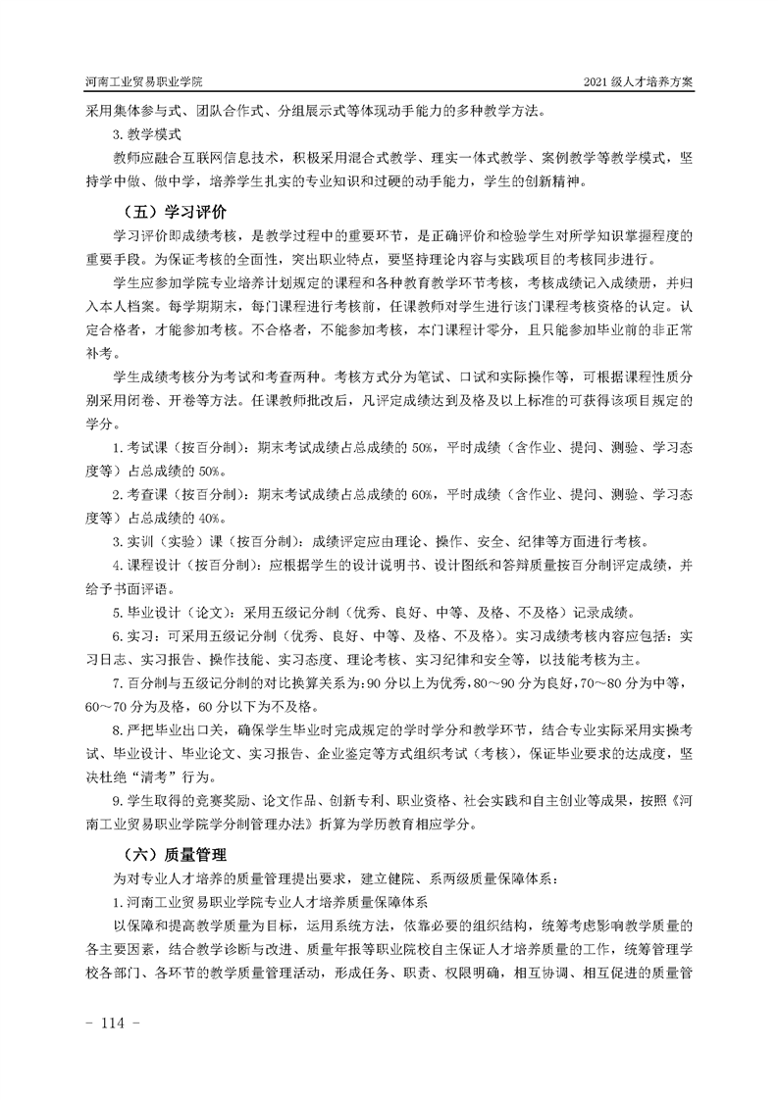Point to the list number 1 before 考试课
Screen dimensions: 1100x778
click(x=117, y=449)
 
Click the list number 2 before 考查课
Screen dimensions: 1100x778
click(x=117, y=495)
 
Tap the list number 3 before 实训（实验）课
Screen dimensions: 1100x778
click(x=117, y=541)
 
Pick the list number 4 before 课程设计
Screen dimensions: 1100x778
click(x=117, y=565)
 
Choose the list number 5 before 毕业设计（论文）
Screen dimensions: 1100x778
click(x=117, y=611)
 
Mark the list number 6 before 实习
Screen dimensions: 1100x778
click(x=117, y=634)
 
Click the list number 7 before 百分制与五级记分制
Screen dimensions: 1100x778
click(x=117, y=681)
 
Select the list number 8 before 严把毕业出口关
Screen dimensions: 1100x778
click(x=117, y=728)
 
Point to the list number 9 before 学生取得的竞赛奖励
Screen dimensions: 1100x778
click(x=117, y=799)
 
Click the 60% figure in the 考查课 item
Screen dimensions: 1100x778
click(x=426, y=495)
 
